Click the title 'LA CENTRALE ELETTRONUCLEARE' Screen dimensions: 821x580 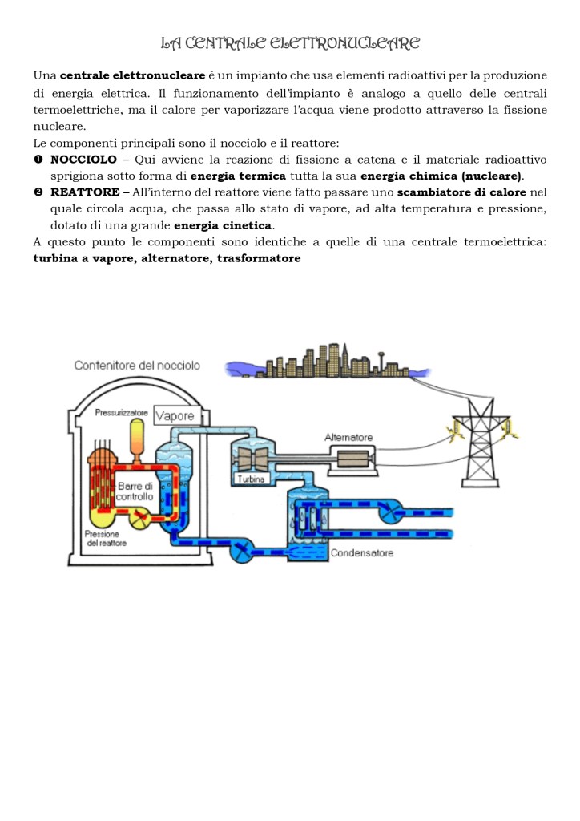pos(290,42)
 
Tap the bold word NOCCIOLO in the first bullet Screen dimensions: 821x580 pos(83,160)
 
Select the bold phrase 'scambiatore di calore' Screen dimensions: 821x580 pos(462,192)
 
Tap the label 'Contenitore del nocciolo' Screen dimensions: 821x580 pos(137,366)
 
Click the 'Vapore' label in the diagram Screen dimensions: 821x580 pos(175,416)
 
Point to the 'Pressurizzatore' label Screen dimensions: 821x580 pos(121,412)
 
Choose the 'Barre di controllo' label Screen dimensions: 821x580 pos(135,491)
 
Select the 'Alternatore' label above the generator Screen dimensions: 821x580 pos(348,438)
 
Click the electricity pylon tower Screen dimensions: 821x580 pos(479,447)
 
